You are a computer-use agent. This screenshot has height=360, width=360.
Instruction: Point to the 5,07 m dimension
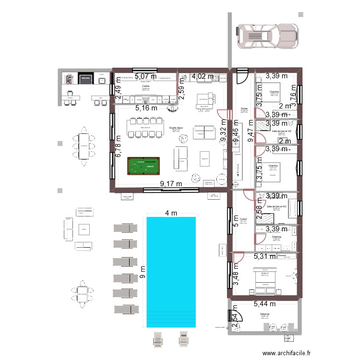point(145,76)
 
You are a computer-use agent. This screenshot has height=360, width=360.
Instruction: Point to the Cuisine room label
point(145,86)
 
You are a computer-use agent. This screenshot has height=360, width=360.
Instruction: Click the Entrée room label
point(244,109)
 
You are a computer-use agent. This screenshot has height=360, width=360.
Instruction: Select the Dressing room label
point(276,237)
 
